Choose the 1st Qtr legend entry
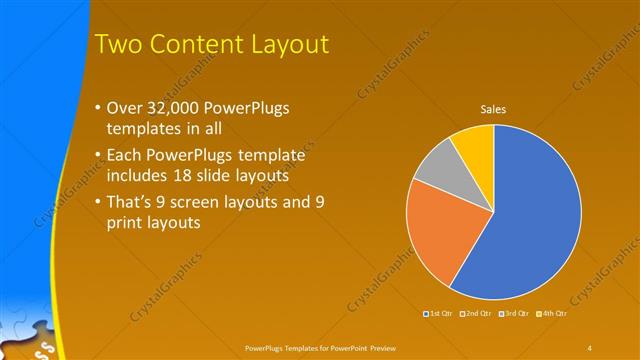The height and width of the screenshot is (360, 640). pyautogui.click(x=439, y=314)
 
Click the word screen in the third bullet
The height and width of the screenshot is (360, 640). pyautogui.click(x=201, y=202)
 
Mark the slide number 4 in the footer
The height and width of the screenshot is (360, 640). pyautogui.click(x=589, y=346)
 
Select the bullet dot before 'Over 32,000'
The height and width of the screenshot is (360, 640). pyautogui.click(x=96, y=108)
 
